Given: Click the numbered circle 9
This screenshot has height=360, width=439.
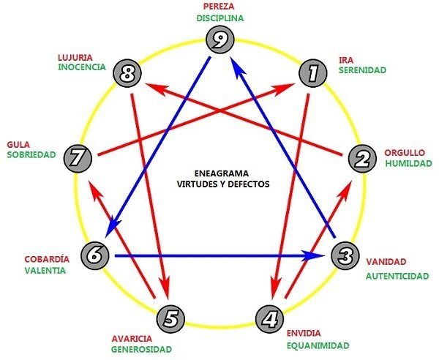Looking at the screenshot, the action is (219, 40).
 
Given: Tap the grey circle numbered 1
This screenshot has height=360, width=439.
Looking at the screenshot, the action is (312, 72).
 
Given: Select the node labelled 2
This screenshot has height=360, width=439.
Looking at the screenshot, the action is (363, 159).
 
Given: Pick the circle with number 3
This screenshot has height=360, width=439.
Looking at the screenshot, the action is (345, 255).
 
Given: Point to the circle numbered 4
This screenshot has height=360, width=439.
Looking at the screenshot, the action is (270, 319).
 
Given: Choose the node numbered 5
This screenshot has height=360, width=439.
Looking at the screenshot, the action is (170, 319).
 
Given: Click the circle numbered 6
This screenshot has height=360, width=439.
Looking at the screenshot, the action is (95, 255).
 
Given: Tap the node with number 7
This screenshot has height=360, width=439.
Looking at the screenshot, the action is (78, 159).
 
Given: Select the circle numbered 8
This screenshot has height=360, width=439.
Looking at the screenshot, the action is (127, 72).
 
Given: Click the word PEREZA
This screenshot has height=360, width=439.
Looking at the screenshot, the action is (219, 6).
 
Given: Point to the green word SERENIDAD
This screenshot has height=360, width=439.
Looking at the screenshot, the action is (363, 70).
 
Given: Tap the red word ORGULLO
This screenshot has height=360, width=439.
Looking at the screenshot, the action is (405, 153).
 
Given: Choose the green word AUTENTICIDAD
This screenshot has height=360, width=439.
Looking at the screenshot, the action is (397, 277).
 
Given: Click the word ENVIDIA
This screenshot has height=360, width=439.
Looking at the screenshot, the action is (304, 334).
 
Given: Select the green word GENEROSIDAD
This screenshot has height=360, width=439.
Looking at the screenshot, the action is (141, 350).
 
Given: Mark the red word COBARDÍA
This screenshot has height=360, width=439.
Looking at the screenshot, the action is (47, 259).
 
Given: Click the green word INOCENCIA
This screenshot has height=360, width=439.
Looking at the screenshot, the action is (82, 67).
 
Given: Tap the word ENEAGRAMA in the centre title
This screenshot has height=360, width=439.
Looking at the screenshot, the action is (221, 173).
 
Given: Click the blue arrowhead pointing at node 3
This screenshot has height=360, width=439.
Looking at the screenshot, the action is (314, 255).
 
